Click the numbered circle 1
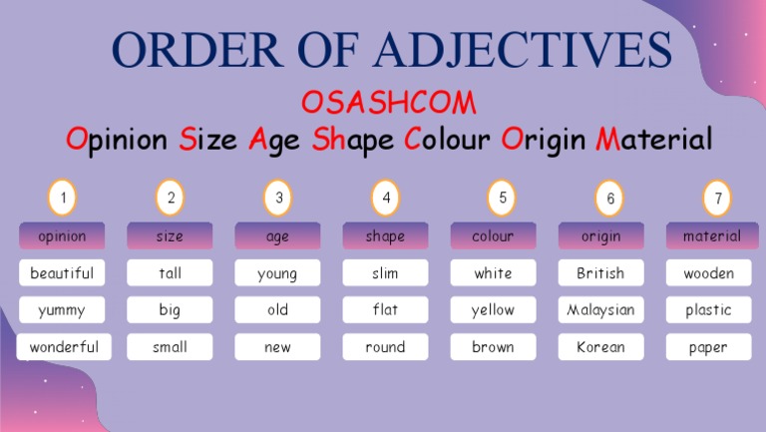(x=62, y=198)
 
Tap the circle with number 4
(x=385, y=198)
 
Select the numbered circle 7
(x=717, y=198)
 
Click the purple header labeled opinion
(x=62, y=236)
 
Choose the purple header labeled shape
(x=385, y=236)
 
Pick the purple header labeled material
(x=711, y=236)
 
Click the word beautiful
(x=62, y=273)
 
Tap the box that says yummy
(x=62, y=310)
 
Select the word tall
(x=170, y=273)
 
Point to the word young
(x=277, y=273)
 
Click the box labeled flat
(x=385, y=310)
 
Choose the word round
(x=385, y=347)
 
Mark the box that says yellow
(x=493, y=310)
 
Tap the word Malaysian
(x=600, y=310)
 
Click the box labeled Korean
(x=600, y=347)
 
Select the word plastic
(x=708, y=310)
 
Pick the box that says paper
(x=708, y=347)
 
